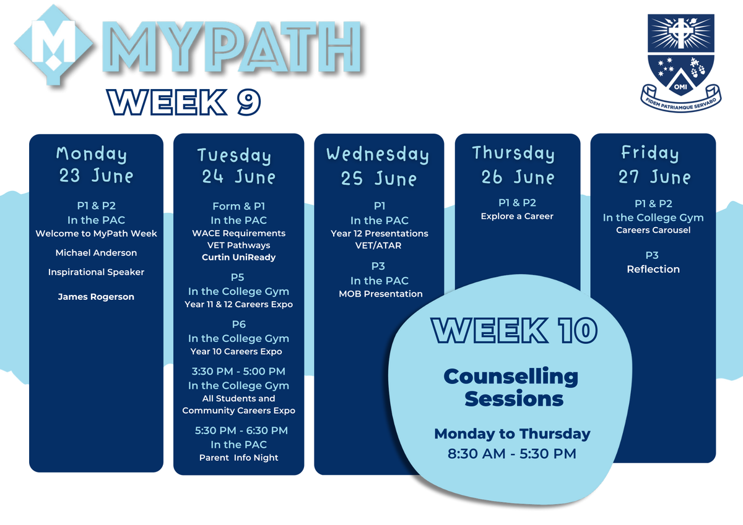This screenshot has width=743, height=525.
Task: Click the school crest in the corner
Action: pyautogui.click(x=680, y=63)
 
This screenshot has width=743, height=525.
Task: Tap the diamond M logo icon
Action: pyautogui.click(x=53, y=45)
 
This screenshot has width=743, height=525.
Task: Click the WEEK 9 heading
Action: pyautogui.click(x=184, y=102)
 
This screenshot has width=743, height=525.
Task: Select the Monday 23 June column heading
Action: pyautogui.click(x=96, y=164)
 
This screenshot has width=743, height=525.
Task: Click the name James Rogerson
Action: pyautogui.click(x=96, y=296)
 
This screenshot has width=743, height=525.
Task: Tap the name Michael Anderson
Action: pyautogui.click(x=96, y=253)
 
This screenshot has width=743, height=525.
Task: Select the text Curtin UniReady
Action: pyautogui.click(x=238, y=257)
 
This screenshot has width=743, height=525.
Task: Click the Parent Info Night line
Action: pyautogui.click(x=238, y=458)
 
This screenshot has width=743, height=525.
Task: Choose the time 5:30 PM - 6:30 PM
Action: pyautogui.click(x=241, y=430)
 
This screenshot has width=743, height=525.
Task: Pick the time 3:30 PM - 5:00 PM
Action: pyautogui.click(x=238, y=371)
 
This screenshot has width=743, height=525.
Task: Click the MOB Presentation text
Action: pyautogui.click(x=380, y=294)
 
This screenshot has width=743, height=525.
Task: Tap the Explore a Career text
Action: pyautogui.click(x=517, y=216)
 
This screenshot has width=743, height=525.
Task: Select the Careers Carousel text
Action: pyautogui.click(x=653, y=230)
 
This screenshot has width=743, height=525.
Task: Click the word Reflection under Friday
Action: pyautogui.click(x=653, y=269)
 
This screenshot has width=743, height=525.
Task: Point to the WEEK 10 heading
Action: pyautogui.click(x=514, y=330)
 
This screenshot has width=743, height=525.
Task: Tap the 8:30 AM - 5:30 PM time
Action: pyautogui.click(x=512, y=454)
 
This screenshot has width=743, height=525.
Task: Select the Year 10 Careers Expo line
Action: pyautogui.click(x=236, y=351)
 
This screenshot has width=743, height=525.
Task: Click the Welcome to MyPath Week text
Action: pyautogui.click(x=96, y=234)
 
